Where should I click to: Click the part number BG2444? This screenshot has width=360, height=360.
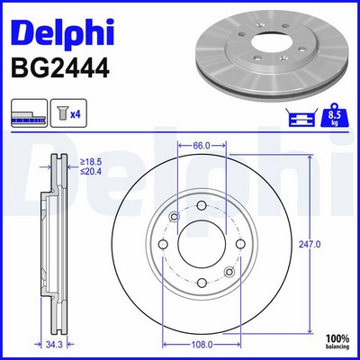click(60, 68)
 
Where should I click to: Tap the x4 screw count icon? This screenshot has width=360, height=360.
click(68, 112)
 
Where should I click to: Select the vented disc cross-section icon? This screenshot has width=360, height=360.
click(29, 112)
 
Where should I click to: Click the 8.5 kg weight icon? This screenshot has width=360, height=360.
click(335, 114)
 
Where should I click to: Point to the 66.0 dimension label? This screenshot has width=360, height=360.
click(201, 146)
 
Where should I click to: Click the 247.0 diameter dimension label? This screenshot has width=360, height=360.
click(310, 245)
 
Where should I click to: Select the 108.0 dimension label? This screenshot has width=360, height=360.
click(202, 345)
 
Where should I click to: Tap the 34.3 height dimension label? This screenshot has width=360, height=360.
click(54, 345)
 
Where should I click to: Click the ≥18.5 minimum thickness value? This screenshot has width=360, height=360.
click(91, 162)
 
